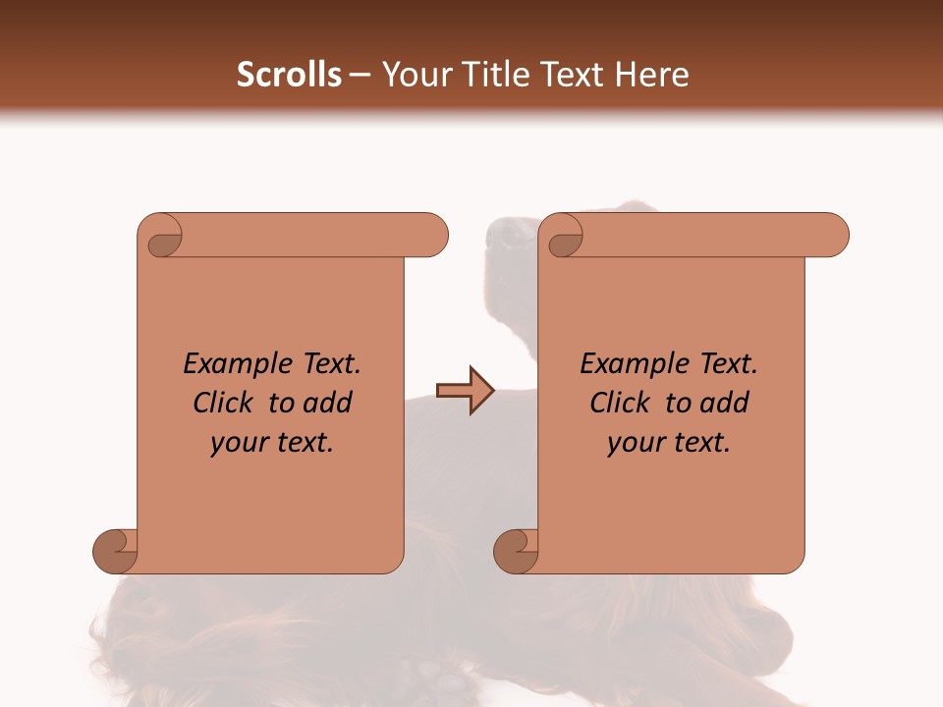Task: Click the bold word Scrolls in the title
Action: (x=289, y=75)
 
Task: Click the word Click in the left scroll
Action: (x=225, y=403)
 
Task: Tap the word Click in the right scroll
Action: (x=621, y=403)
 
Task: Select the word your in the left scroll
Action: (x=238, y=443)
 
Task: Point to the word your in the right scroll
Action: (x=635, y=443)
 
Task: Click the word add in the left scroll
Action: (x=329, y=403)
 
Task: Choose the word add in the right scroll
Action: (x=726, y=403)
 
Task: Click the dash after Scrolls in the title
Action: (x=360, y=76)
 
